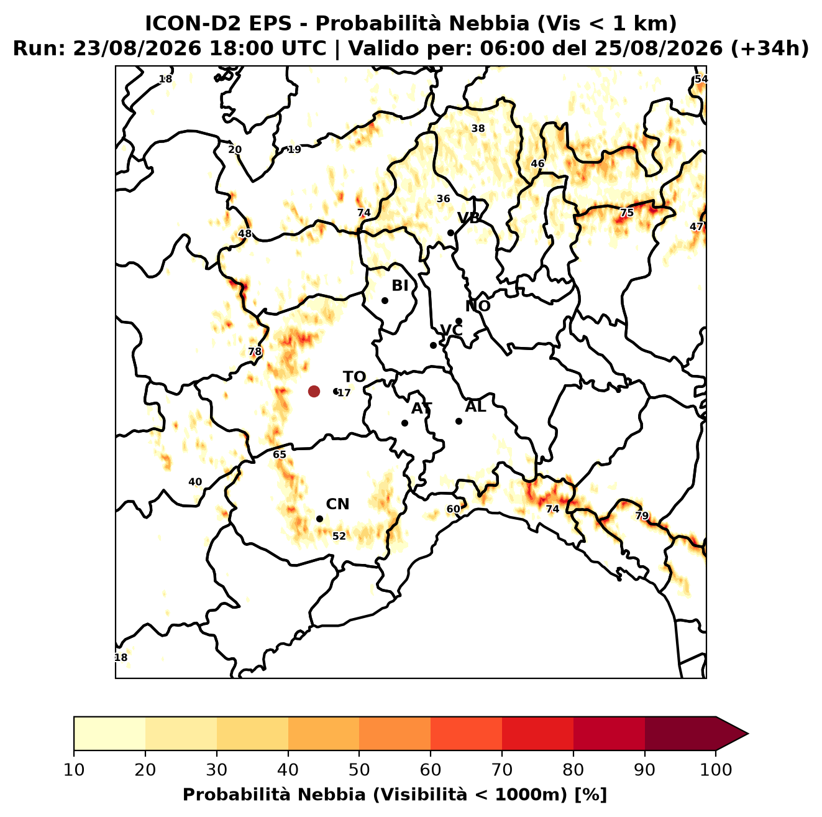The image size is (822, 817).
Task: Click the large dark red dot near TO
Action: pos(314,391)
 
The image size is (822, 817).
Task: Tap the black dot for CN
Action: pos(319,519)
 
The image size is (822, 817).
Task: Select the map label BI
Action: pos(400,286)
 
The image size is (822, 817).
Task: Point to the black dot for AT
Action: pos(405,423)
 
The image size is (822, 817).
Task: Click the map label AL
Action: pos(475,407)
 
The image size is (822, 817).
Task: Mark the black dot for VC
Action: pos(434,345)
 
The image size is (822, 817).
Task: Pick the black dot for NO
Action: pos(459,321)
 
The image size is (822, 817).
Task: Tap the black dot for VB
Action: pos(451,233)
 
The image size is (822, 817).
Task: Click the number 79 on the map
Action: pos(642,516)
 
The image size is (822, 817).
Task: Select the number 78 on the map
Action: pos(255,352)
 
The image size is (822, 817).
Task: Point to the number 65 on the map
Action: pos(280,455)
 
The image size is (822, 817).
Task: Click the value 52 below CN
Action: pos(339,536)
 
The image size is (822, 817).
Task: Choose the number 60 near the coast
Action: pos(453,509)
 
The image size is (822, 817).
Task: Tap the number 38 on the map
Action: pos(478,129)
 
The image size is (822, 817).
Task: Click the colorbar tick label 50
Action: pos(359,770)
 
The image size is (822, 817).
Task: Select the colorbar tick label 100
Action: pos(716,770)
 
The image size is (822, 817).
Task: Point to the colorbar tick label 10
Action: pos(74,770)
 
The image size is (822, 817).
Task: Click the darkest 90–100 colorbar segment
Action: pos(680,734)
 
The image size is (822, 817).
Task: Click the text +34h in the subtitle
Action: pos(769,48)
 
